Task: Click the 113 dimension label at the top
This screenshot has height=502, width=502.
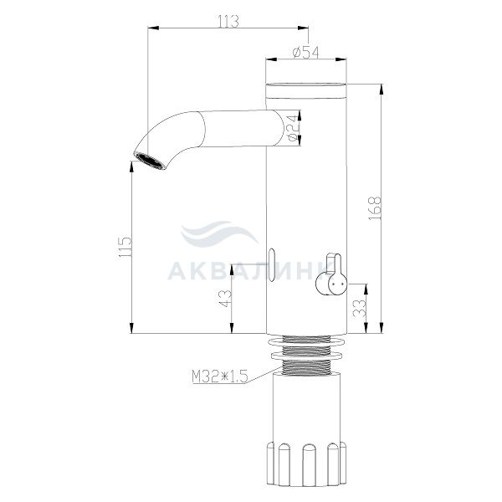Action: [228, 22]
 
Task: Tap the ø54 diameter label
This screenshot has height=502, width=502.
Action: [305, 53]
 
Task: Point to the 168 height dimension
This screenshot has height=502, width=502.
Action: [375, 208]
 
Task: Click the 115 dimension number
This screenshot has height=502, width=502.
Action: [125, 247]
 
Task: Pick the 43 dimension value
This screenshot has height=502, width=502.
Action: [226, 299]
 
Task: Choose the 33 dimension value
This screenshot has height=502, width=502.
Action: [360, 308]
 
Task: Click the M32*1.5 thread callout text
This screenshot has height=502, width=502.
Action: [220, 376]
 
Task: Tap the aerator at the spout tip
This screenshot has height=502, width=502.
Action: [150, 161]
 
